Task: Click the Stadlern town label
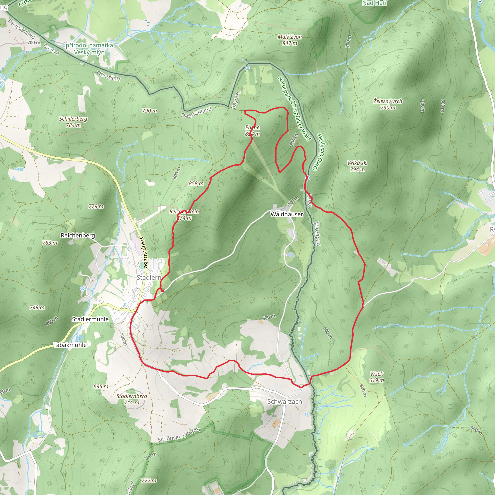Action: tap(149, 277)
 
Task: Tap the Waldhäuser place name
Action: tap(287, 214)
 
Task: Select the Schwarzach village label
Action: tap(284, 401)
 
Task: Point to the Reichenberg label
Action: tap(78, 235)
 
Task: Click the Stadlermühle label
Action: tap(90, 319)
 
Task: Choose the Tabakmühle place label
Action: tap(70, 345)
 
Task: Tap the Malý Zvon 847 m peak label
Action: tap(290, 40)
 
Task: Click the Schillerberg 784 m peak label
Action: tap(73, 122)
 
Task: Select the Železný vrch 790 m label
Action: tap(388, 104)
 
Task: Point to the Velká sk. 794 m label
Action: tap(357, 166)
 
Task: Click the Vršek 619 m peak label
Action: tap(376, 377)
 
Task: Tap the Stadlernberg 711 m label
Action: tap(132, 399)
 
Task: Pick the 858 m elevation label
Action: tap(196, 183)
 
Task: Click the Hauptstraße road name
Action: tap(144, 252)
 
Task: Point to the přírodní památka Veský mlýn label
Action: tap(89, 49)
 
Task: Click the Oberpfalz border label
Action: tap(108, 76)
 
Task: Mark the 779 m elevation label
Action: tap(96, 206)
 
